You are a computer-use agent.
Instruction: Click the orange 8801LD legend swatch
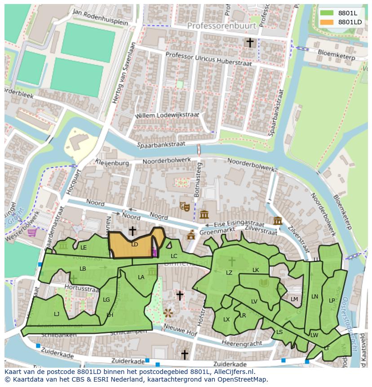[327, 22]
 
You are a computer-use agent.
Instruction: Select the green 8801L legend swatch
[327, 13]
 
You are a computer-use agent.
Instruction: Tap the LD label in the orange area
[134, 245]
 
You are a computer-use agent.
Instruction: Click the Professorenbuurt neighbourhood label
[221, 26]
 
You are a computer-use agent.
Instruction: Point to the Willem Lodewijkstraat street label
[167, 115]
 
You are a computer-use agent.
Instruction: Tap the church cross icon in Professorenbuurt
[250, 43]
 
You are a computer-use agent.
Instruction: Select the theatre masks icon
[184, 206]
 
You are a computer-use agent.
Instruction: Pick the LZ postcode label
[229, 273]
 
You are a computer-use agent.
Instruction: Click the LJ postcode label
[57, 314]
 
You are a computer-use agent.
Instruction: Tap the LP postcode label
[332, 300]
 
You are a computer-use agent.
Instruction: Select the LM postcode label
[294, 299]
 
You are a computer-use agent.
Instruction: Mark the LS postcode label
[279, 332]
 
